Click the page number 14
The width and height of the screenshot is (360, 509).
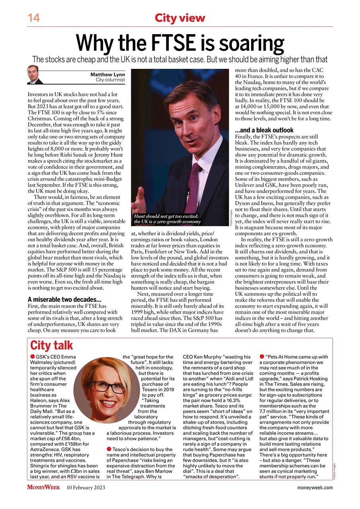coord(33,18)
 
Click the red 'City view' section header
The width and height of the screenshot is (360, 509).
coord(180,18)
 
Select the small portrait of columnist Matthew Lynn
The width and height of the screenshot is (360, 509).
coord(35,75)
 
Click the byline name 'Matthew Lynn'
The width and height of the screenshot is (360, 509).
coord(108,74)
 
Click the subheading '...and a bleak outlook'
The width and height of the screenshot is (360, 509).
coord(264,130)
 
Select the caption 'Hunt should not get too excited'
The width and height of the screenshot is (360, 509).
coord(167,217)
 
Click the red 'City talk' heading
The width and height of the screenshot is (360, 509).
coord(52,345)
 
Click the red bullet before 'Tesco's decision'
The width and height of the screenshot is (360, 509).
coord(109,449)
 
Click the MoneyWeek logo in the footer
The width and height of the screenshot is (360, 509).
coord(43,488)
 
